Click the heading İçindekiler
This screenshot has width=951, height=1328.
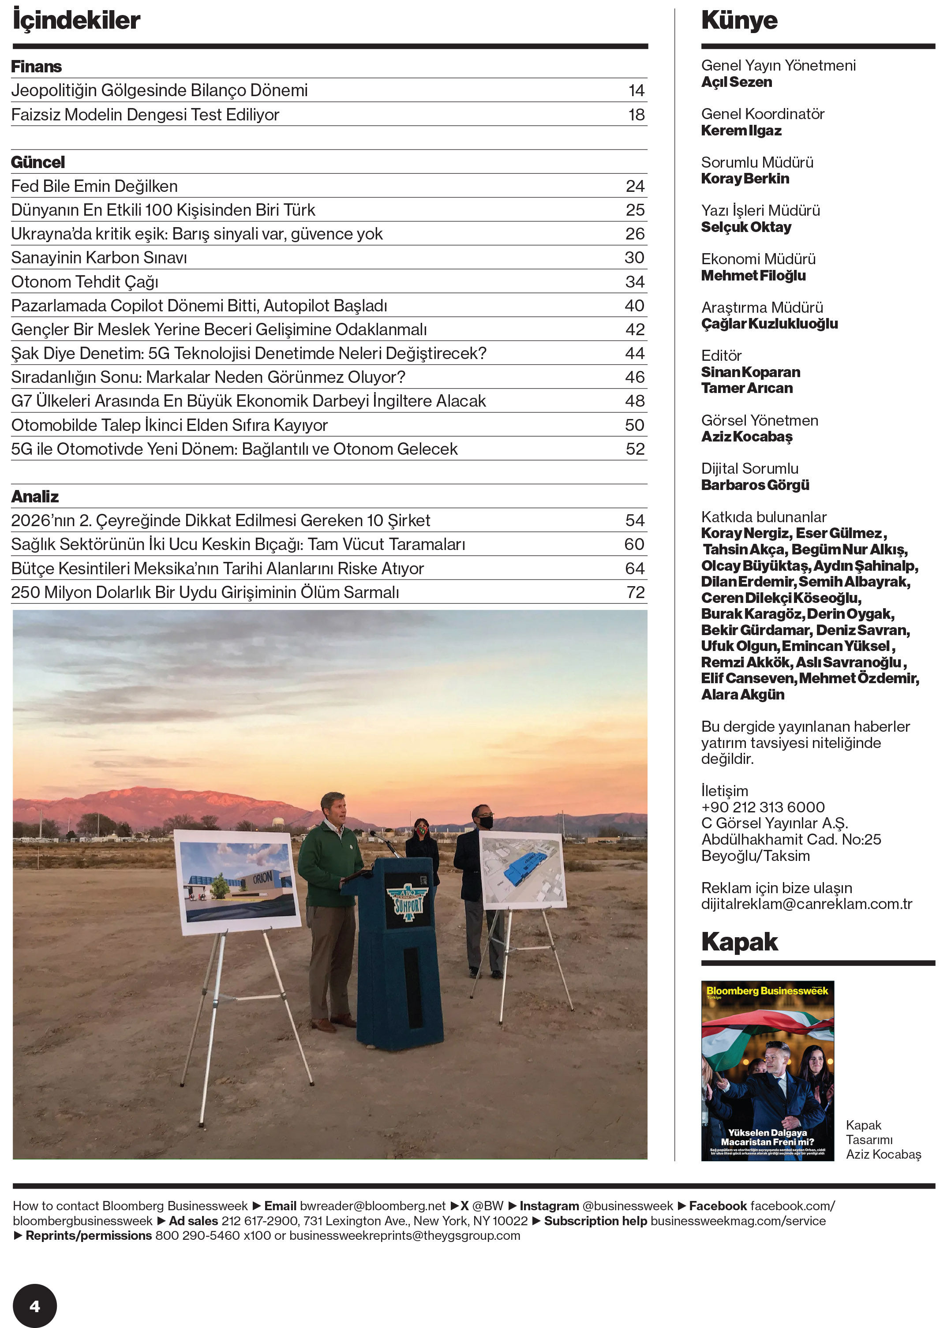(x=76, y=20)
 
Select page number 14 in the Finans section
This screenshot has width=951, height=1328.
(x=636, y=91)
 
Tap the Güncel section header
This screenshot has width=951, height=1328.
(x=38, y=162)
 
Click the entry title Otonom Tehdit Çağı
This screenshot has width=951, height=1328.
(x=85, y=282)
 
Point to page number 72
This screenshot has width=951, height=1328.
(x=635, y=593)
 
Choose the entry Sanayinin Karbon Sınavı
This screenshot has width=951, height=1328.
(x=99, y=258)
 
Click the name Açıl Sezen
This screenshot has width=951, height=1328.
(x=736, y=82)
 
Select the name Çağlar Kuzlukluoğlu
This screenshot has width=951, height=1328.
(x=769, y=324)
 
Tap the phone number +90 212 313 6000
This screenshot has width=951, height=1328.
(x=763, y=808)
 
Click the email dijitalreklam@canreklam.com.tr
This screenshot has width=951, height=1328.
(x=806, y=904)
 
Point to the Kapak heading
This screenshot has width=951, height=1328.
(x=739, y=942)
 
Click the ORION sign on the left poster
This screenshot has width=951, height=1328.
(x=262, y=878)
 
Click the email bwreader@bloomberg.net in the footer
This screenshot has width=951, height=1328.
(x=372, y=1206)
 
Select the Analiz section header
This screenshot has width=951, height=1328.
(x=35, y=497)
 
